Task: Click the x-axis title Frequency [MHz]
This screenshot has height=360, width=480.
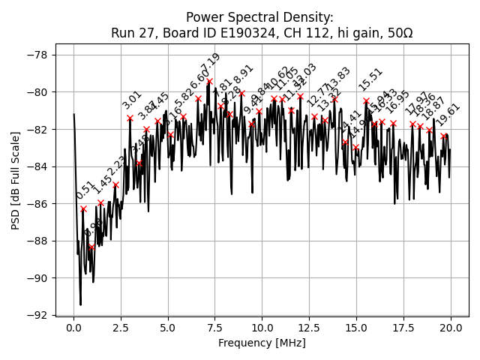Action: coord(262,343)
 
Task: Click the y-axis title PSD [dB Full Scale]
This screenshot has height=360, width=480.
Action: coord(16,180)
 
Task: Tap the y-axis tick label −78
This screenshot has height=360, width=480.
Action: coord(36,55)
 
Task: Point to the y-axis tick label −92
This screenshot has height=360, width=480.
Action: coord(36,315)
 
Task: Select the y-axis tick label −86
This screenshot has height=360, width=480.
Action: coord(36,203)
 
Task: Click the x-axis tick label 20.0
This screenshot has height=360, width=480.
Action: coord(451,328)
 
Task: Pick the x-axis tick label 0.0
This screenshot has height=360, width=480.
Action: coord(73,328)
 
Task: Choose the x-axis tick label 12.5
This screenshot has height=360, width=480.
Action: coord(310,328)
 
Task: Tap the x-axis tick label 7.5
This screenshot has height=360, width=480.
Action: coord(215,328)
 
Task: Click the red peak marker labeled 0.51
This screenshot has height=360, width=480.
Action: coord(83,208)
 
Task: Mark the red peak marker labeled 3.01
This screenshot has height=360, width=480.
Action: coord(130,118)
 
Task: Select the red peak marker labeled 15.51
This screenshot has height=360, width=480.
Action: coord(366,100)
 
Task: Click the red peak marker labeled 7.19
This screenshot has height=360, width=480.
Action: coord(209,81)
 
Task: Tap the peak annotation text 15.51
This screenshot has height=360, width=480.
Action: coord(370,79)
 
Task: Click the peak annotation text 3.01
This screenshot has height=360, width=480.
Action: coord(132,100)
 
